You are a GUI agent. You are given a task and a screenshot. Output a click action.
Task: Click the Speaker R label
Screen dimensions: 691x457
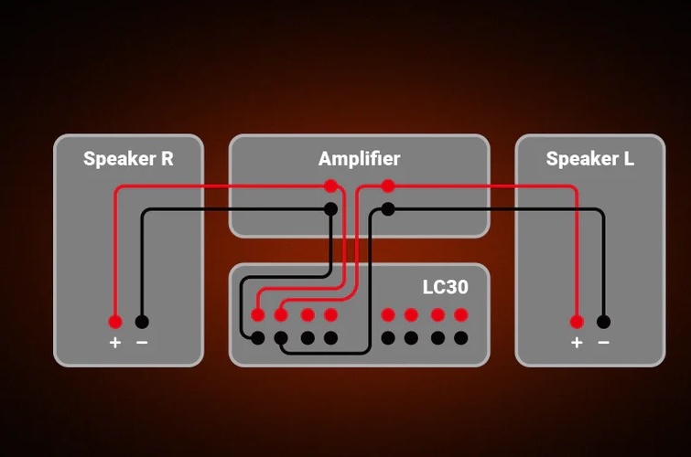(x=128, y=158)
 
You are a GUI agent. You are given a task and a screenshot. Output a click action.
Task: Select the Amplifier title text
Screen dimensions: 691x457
(x=359, y=158)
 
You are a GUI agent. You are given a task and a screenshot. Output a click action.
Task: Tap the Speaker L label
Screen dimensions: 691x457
(x=590, y=158)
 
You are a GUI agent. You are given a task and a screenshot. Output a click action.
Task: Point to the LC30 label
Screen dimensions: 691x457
(x=445, y=287)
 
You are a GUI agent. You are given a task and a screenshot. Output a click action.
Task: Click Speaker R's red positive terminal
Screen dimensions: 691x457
(x=115, y=322)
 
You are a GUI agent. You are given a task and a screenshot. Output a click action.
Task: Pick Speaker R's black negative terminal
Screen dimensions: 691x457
(x=142, y=322)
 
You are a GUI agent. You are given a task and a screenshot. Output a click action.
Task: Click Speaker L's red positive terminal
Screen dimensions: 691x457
(x=577, y=322)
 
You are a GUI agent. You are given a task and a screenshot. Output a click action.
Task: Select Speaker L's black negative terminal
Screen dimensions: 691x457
(x=604, y=322)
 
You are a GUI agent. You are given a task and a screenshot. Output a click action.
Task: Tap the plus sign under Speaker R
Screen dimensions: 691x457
(x=115, y=342)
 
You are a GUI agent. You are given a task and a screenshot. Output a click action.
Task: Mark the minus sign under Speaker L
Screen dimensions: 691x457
(x=604, y=342)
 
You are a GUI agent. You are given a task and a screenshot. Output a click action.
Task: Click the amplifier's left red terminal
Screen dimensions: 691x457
(x=330, y=186)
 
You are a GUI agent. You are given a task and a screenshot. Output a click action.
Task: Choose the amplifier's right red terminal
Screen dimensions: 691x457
(x=388, y=186)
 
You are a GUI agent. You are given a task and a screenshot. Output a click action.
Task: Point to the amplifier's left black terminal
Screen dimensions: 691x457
(x=330, y=209)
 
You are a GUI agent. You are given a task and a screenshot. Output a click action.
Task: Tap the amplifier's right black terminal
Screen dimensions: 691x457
(x=388, y=209)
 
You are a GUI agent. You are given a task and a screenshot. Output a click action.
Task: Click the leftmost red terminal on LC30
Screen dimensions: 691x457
(x=258, y=314)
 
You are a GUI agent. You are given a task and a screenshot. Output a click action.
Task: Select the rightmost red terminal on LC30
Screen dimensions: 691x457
(x=461, y=314)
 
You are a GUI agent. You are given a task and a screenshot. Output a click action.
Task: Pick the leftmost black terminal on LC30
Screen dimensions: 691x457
(x=258, y=338)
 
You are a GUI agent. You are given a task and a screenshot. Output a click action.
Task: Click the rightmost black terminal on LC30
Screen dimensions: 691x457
(x=461, y=338)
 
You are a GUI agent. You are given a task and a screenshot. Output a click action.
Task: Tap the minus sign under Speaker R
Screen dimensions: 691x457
(x=142, y=342)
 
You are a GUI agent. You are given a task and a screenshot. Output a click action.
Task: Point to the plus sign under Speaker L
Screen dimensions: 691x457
(x=577, y=342)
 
